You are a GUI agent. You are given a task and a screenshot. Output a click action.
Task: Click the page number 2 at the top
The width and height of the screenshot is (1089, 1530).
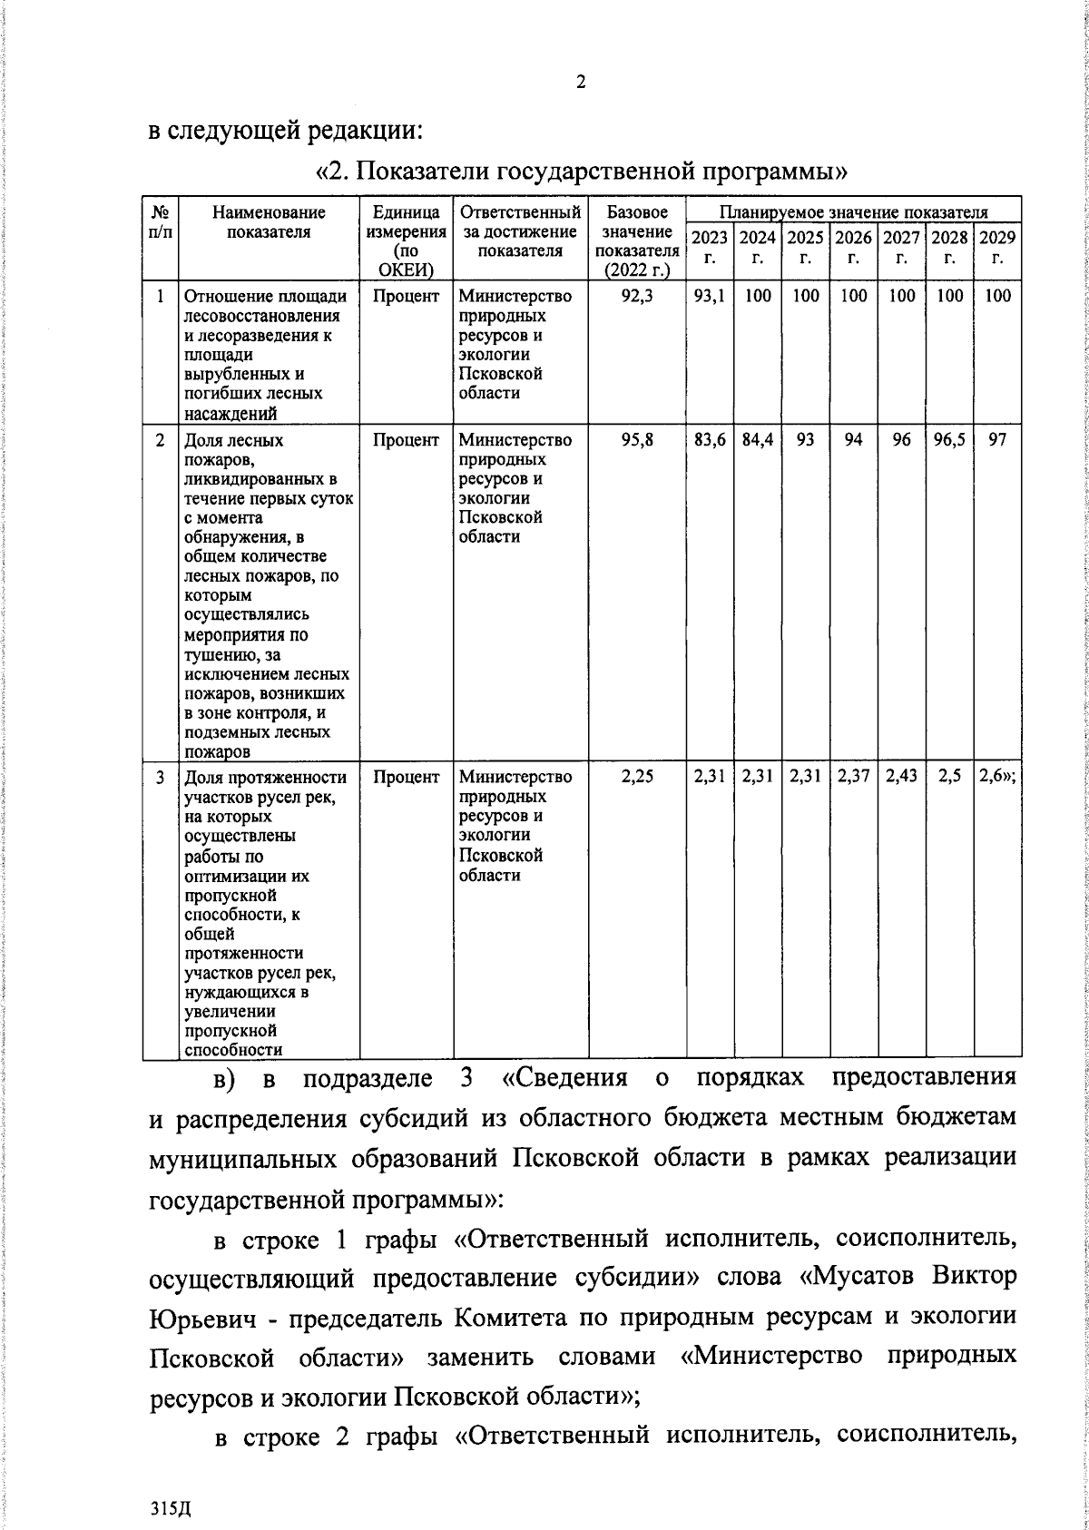coord(581,83)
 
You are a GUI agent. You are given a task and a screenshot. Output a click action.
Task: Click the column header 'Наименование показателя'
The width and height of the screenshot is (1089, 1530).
coord(269,222)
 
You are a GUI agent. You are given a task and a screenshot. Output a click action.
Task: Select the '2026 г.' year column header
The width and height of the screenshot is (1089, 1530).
coord(853,247)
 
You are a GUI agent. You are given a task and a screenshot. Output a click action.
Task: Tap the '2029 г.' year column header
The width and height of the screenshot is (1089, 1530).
coord(997,247)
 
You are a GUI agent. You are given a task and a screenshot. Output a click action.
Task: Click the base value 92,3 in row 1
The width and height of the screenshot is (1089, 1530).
coord(637,296)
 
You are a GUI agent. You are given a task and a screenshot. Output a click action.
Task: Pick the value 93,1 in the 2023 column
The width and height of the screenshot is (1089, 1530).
coord(709,296)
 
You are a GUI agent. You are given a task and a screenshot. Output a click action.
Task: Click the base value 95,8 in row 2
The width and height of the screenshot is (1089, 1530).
coord(637,440)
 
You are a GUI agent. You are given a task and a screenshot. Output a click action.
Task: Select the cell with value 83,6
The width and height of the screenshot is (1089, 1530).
coord(709,440)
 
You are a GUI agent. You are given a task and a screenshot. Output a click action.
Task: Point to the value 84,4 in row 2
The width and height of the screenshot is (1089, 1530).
coord(757,440)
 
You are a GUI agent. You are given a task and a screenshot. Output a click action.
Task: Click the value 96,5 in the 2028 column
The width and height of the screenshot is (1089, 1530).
coord(949,440)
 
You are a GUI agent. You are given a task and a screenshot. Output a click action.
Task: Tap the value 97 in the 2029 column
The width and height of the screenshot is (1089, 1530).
coord(997,440)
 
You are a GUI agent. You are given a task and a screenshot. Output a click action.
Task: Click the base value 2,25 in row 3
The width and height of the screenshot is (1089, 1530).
coord(637,777)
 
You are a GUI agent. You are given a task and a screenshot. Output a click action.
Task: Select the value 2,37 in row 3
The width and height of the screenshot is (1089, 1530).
coord(853,777)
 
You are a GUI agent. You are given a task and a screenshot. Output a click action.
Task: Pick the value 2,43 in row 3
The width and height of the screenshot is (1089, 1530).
coord(901,777)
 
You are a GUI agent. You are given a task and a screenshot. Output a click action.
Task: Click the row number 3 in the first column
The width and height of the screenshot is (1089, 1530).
coord(161,777)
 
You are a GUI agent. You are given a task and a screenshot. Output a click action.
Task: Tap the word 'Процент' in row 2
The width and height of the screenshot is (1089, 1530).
coord(406,440)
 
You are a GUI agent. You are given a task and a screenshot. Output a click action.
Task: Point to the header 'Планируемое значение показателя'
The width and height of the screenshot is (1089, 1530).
coord(853,212)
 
